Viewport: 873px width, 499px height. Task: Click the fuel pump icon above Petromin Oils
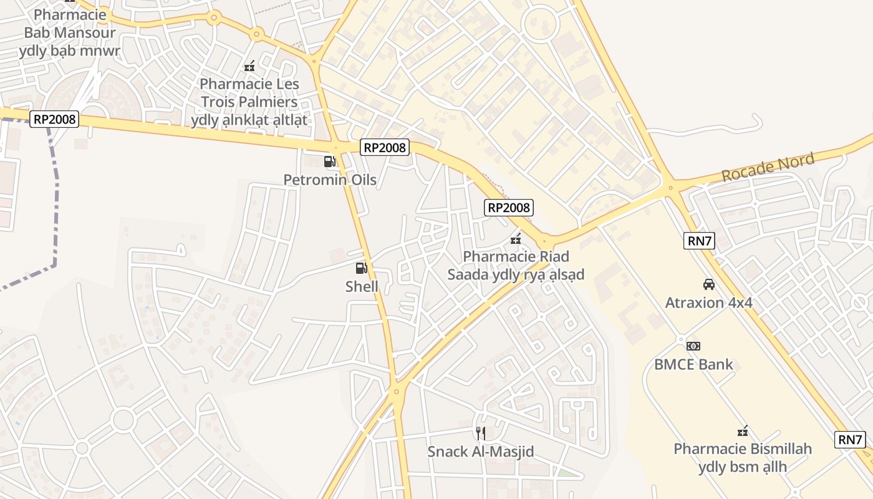(x=330, y=162)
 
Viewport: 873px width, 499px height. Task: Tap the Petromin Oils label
(x=330, y=180)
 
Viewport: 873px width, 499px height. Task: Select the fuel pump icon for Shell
(x=361, y=268)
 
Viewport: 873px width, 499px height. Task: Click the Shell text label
(x=362, y=286)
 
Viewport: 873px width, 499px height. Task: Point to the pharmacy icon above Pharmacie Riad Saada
(x=516, y=238)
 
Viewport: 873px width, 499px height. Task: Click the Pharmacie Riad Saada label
(x=516, y=265)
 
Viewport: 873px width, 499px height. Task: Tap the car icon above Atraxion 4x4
(x=709, y=284)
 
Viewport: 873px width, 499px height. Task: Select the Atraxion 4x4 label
(x=709, y=303)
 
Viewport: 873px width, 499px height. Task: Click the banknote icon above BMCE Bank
(x=693, y=346)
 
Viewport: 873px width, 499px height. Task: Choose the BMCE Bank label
(x=693, y=364)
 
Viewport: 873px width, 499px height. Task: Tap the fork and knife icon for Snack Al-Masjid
(x=480, y=433)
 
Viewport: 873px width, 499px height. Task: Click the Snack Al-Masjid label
(x=480, y=451)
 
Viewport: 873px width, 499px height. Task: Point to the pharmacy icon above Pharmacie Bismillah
(x=743, y=430)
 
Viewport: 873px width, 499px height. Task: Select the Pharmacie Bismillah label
(x=743, y=457)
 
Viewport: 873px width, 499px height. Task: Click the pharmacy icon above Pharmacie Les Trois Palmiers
(x=249, y=65)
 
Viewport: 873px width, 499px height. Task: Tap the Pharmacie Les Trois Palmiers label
(x=249, y=102)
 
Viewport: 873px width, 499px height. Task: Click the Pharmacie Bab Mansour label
(x=70, y=32)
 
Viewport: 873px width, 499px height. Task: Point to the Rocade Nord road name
(x=768, y=168)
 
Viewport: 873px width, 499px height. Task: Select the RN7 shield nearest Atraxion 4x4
(x=699, y=241)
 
